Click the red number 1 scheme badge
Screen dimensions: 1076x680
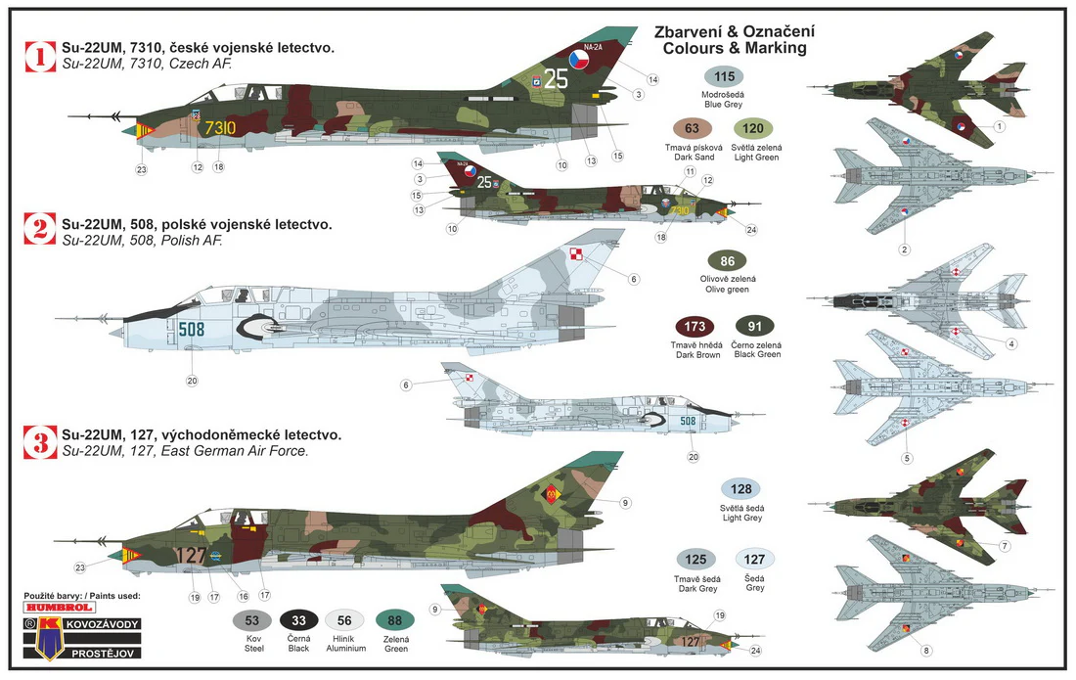click(x=40, y=57)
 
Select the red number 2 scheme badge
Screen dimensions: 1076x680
click(x=40, y=229)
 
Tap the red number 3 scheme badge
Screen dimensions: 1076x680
click(x=40, y=442)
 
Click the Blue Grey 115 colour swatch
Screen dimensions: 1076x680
click(x=724, y=77)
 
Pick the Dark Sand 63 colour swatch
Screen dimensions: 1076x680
click(x=692, y=128)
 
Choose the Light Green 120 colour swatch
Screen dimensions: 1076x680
click(x=753, y=128)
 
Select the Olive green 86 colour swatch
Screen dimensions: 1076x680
click(x=728, y=261)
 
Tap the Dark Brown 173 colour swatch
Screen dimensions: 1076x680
click(x=695, y=327)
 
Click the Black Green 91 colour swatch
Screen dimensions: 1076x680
click(x=755, y=327)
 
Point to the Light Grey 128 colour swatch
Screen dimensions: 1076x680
click(x=741, y=489)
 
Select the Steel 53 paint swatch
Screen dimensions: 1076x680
click(x=252, y=621)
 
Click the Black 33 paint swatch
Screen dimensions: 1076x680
click(x=298, y=621)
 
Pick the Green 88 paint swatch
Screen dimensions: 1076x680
click(x=394, y=621)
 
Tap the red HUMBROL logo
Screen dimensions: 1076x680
click(x=59, y=608)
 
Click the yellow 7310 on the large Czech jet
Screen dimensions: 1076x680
click(x=219, y=128)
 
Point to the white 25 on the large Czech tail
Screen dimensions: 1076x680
click(x=556, y=78)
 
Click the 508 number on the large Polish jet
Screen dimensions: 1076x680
click(x=192, y=330)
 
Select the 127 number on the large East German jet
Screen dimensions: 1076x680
click(x=191, y=555)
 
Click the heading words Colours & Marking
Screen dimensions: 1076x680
click(x=735, y=48)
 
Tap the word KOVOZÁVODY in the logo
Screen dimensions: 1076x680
click(x=103, y=624)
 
